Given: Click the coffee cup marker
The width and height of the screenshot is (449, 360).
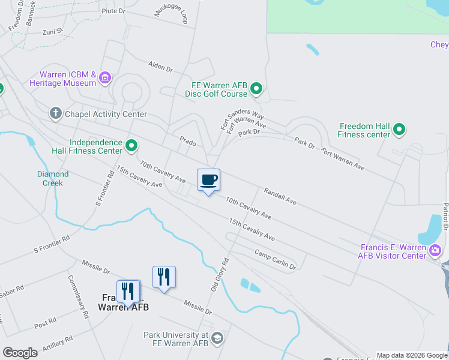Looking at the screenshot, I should [x=208, y=180].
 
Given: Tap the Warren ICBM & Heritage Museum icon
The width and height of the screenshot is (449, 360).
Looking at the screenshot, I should [x=105, y=77].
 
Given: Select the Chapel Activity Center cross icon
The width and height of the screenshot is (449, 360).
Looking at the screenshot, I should [x=55, y=113].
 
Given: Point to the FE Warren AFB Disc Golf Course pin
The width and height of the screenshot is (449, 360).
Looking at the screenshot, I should [x=256, y=89].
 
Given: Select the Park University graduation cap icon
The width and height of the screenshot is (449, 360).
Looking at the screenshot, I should [x=217, y=338].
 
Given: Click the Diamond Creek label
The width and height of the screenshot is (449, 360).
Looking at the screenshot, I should [x=54, y=178].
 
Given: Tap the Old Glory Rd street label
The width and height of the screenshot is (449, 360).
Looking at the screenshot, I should [x=220, y=275].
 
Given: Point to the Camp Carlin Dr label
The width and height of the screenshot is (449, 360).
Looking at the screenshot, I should [x=275, y=259].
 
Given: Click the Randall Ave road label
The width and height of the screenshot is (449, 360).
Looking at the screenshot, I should [x=280, y=196].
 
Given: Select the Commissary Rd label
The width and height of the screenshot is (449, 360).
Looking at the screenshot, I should [x=78, y=296].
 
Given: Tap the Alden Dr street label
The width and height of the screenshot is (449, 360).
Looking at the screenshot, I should [x=160, y=66].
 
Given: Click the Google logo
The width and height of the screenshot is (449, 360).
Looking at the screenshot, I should [x=20, y=352].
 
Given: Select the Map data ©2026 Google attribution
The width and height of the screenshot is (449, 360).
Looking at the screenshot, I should [x=411, y=355].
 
